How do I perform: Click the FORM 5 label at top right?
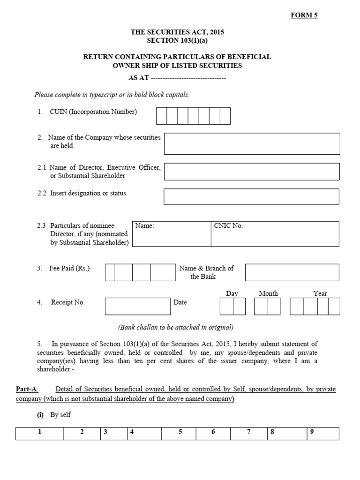(x=304, y=15)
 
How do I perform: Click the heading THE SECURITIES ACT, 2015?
(x=177, y=32)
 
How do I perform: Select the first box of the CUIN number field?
(x=161, y=116)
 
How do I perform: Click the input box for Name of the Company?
(x=252, y=143)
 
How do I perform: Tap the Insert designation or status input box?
(x=251, y=196)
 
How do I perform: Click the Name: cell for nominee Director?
(x=172, y=234)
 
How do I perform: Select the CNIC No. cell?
(x=275, y=234)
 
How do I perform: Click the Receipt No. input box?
(x=138, y=306)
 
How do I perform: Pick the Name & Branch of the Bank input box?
(x=292, y=272)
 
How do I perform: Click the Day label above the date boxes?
(x=232, y=293)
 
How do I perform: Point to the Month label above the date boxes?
(x=268, y=293)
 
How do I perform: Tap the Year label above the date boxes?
(x=320, y=293)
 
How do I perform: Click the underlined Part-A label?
(x=27, y=390)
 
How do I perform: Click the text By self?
(x=60, y=415)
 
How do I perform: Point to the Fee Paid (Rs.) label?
(x=69, y=269)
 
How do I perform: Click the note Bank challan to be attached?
(x=175, y=327)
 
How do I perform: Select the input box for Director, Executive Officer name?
(x=252, y=172)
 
